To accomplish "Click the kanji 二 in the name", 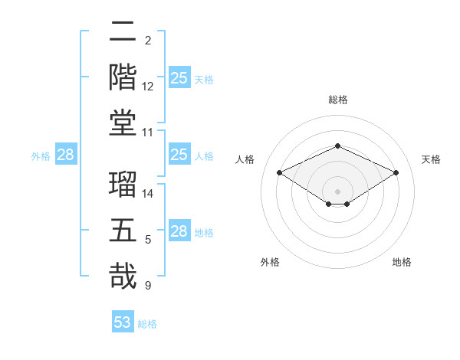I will [x=123, y=32].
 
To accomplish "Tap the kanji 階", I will [x=123, y=77].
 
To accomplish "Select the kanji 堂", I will [x=123, y=123].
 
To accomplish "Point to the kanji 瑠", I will [x=123, y=185].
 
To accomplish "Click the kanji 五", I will [x=123, y=231].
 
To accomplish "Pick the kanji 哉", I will [x=123, y=277].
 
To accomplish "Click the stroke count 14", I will [x=148, y=194].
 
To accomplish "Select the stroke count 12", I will [x=148, y=87].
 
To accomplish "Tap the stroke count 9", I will [x=148, y=286].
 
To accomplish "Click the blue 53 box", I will [x=123, y=322].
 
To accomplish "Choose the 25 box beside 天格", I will [x=179, y=77].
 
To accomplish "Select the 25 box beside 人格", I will [x=179, y=155].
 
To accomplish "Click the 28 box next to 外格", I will [x=66, y=155].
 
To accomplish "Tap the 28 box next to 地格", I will [x=179, y=231].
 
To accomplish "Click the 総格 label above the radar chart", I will [x=338, y=100].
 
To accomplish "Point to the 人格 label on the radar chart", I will [x=245, y=159].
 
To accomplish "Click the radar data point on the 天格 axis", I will [x=396, y=172].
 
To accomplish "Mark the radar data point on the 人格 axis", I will [x=279, y=172].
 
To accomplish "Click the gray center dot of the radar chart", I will [x=337, y=191].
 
